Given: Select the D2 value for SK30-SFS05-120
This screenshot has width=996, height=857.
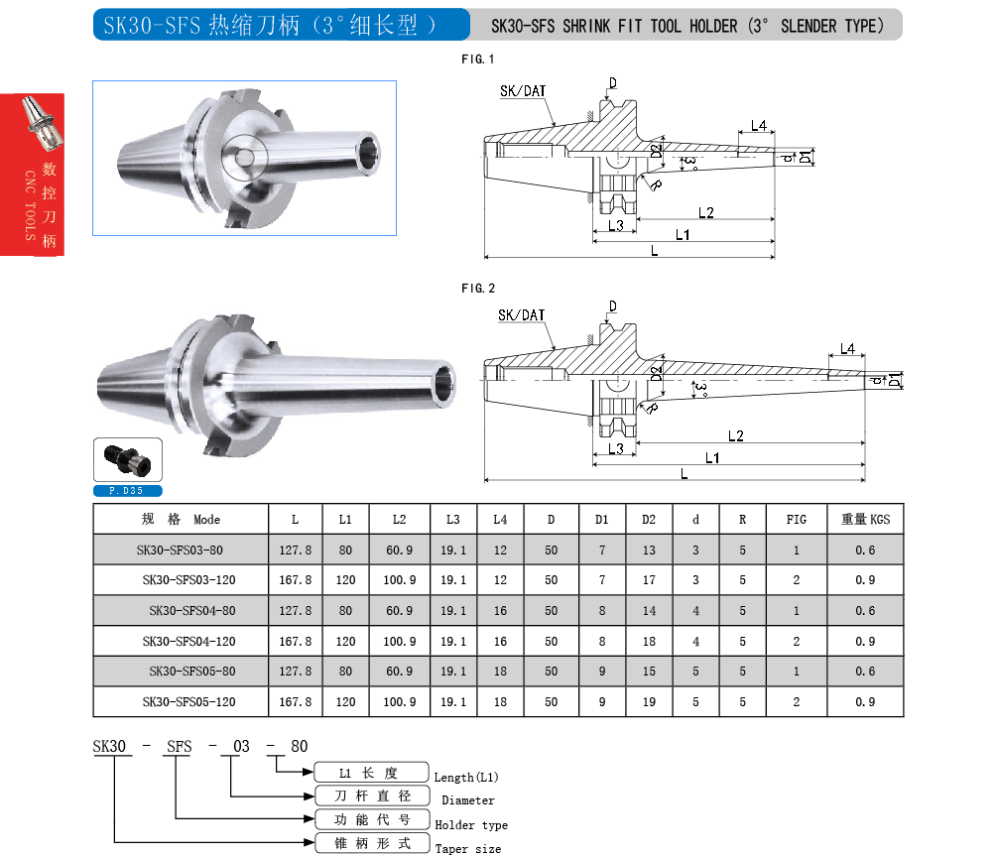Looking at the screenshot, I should [x=649, y=701].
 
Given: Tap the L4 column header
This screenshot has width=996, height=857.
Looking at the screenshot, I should [x=500, y=519].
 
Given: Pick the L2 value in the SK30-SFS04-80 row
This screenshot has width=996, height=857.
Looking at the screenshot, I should [x=399, y=610].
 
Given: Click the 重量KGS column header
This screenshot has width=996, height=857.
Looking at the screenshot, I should [x=866, y=519].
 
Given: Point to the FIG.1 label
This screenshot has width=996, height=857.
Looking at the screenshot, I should [x=478, y=60].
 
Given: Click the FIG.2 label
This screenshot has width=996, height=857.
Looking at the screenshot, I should [x=478, y=289].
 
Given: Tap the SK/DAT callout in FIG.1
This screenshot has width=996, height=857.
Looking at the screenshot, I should [x=523, y=91].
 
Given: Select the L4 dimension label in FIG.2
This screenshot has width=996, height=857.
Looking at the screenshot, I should [x=847, y=349].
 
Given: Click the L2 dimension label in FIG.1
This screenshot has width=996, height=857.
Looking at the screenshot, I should [x=706, y=212].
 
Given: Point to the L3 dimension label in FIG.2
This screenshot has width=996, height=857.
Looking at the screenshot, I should [x=615, y=448].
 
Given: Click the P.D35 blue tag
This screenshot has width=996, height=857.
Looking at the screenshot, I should [x=127, y=491].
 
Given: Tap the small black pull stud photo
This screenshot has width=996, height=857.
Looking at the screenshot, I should [x=126, y=460].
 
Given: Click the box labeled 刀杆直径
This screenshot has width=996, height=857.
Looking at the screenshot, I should [x=372, y=796].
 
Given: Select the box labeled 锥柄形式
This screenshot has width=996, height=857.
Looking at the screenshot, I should [x=372, y=844].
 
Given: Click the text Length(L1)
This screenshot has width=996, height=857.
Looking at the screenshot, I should [x=466, y=777].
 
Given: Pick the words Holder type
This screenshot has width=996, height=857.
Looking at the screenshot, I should [x=471, y=824].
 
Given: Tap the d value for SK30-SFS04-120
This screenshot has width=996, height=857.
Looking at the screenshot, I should [x=696, y=641].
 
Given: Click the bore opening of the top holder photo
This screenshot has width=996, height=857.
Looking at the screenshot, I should [x=367, y=154].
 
